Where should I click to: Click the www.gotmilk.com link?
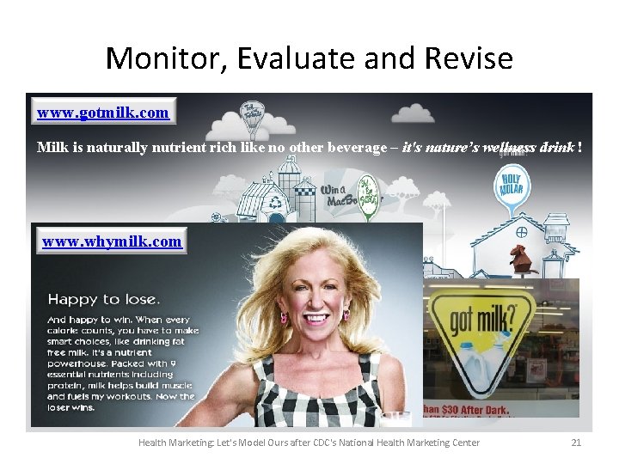(102, 113)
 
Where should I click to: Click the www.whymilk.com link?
(112, 241)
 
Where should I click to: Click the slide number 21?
(576, 443)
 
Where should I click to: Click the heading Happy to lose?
(102, 299)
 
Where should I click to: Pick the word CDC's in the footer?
(333, 443)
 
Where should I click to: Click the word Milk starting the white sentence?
(52, 147)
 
